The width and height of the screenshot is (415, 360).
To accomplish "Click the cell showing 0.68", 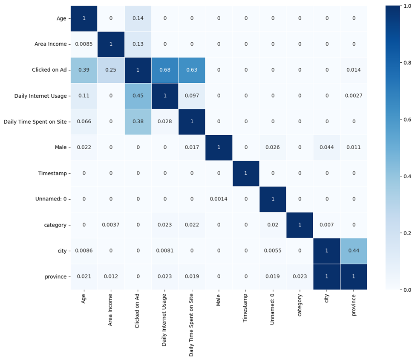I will coord(165,70).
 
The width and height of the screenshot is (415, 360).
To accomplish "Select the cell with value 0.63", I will coord(192,70).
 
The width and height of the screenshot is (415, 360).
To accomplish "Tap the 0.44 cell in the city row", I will coord(354,251).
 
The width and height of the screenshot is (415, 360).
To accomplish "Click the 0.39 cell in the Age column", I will coord(84,70).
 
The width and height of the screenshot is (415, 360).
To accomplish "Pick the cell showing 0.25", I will coord(111,70).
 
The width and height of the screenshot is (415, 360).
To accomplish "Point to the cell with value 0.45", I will coord(138,96).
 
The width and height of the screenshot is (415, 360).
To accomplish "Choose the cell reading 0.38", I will coord(138,122).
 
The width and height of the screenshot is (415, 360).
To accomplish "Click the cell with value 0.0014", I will coord(219,199).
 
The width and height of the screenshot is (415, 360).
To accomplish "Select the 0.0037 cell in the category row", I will coord(111,225).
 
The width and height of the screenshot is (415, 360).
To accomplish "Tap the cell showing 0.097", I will coord(192,96).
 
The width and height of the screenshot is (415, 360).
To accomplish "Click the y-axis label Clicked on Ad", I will coord(49,70).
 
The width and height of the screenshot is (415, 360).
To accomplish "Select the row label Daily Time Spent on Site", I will coord(35,122).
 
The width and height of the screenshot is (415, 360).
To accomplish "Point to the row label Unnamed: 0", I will coord(52,199).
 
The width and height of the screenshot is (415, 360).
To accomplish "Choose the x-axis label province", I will coord(354,305).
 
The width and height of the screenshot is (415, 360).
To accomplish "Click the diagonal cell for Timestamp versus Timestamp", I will coord(246,173).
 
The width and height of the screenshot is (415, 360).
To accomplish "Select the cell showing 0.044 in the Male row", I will coord(327,148).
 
